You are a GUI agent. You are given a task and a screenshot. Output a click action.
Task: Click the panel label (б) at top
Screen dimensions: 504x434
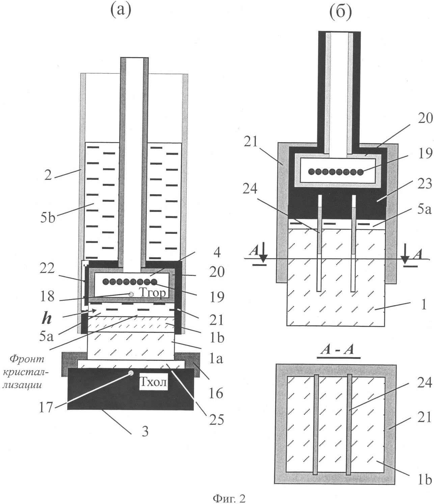pyautogui.click(x=340, y=12)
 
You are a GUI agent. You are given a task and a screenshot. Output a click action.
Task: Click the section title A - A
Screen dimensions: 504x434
pyautogui.click(x=337, y=350)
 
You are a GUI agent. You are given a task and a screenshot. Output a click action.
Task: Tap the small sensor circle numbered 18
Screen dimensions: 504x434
pyautogui.click(x=131, y=294)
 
